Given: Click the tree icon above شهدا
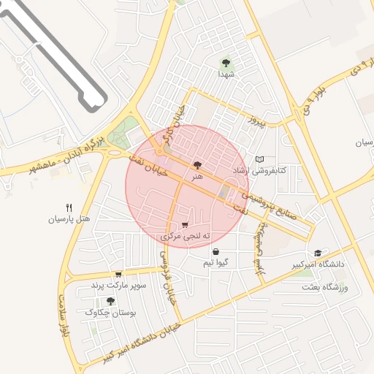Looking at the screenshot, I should pyautogui.click(x=224, y=62).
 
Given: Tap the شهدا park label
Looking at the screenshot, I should pyautogui.click(x=224, y=74).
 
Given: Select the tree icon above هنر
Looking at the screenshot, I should pyautogui.click(x=196, y=165).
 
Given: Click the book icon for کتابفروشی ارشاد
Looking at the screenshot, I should pyautogui.click(x=259, y=159).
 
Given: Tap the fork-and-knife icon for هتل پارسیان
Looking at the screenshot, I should pyautogui.click(x=69, y=207).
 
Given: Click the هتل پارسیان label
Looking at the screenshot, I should pyautogui.click(x=69, y=218).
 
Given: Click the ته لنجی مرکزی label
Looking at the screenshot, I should pyautogui.click(x=186, y=237).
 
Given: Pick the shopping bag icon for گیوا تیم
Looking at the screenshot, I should pyautogui.click(x=215, y=252).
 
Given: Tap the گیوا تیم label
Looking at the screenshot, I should pyautogui.click(x=216, y=263).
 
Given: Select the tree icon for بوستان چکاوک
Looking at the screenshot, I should pyautogui.click(x=110, y=300).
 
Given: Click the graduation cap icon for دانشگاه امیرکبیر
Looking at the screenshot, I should pyautogui.click(x=317, y=253).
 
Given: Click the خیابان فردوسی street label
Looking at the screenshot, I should pyautogui.click(x=169, y=277).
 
